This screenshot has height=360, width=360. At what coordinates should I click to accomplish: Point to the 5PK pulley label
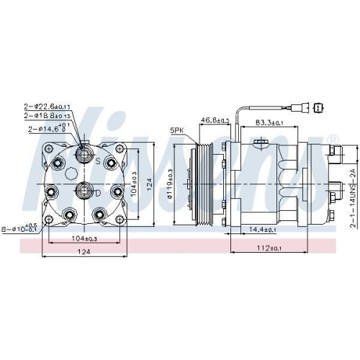177,130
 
